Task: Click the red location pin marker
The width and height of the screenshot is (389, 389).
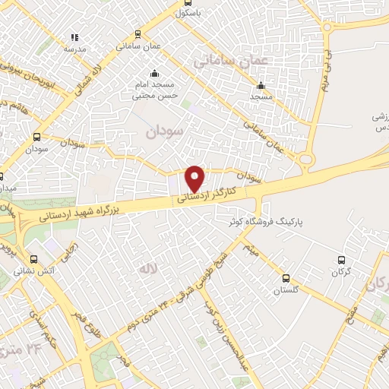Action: (195, 179)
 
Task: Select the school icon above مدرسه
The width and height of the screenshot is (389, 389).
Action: (74, 36)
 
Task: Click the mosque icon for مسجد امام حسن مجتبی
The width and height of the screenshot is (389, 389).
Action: (155, 74)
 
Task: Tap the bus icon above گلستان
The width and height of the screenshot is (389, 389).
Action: (286, 278)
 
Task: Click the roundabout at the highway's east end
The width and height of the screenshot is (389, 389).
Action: (307, 160)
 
